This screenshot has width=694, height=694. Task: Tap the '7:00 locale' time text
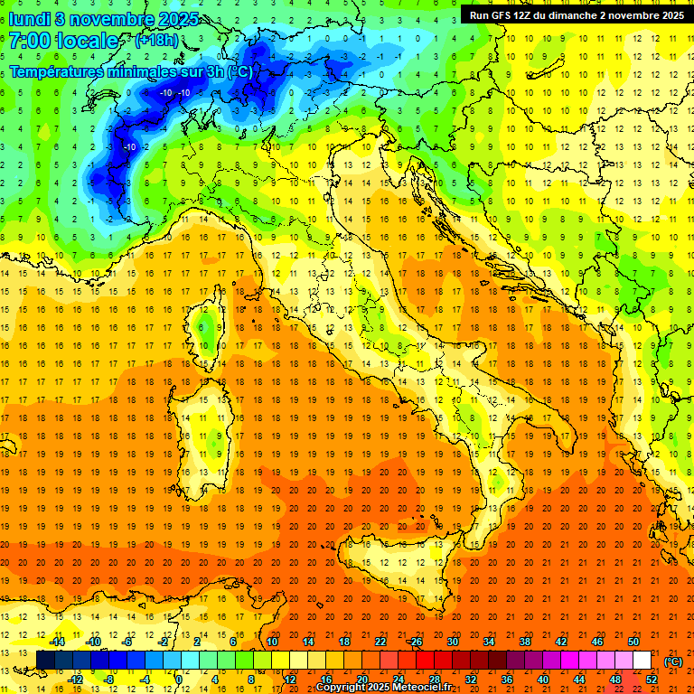[63, 42]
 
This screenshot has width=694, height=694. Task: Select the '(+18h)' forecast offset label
[156, 42]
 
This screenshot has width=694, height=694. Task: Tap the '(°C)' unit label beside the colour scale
[673, 661]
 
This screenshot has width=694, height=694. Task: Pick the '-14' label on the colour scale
[58, 642]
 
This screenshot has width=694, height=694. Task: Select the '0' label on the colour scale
[179, 680]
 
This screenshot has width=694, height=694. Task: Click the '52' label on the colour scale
[652, 680]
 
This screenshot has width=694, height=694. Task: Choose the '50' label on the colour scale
[633, 642]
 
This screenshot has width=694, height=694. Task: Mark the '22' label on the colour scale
[380, 642]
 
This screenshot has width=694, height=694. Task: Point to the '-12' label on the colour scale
[76, 680]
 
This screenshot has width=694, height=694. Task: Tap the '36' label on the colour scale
[507, 680]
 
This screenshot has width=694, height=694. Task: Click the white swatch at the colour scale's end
[642, 661]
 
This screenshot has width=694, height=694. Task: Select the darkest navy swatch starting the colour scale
[45, 661]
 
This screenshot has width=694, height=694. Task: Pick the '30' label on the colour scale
[453, 642]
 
